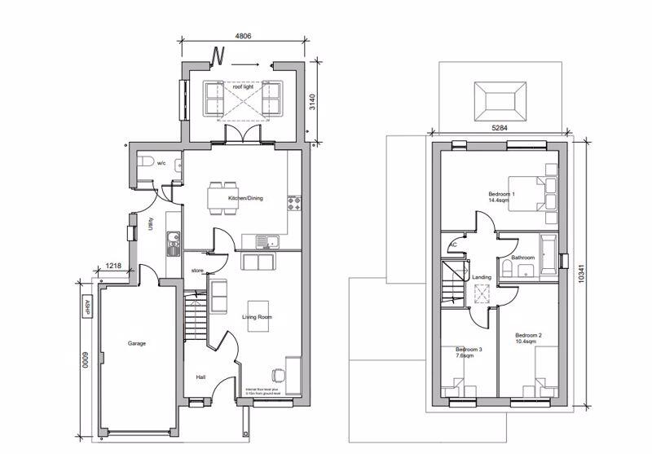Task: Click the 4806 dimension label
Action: tap(243, 36)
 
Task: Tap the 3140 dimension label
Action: tap(311, 102)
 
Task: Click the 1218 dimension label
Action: tap(113, 265)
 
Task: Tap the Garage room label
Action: tap(136, 343)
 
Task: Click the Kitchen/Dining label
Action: tap(244, 199)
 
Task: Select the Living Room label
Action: tap(257, 316)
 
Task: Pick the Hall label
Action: tap(200, 377)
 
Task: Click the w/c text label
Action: tap(161, 163)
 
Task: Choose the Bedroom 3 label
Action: tap(469, 352)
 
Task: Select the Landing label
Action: tap(482, 278)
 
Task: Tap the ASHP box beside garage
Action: tap(86, 306)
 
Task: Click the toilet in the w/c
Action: tap(144, 164)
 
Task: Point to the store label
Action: tap(197, 270)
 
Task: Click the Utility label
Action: tap(151, 224)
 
